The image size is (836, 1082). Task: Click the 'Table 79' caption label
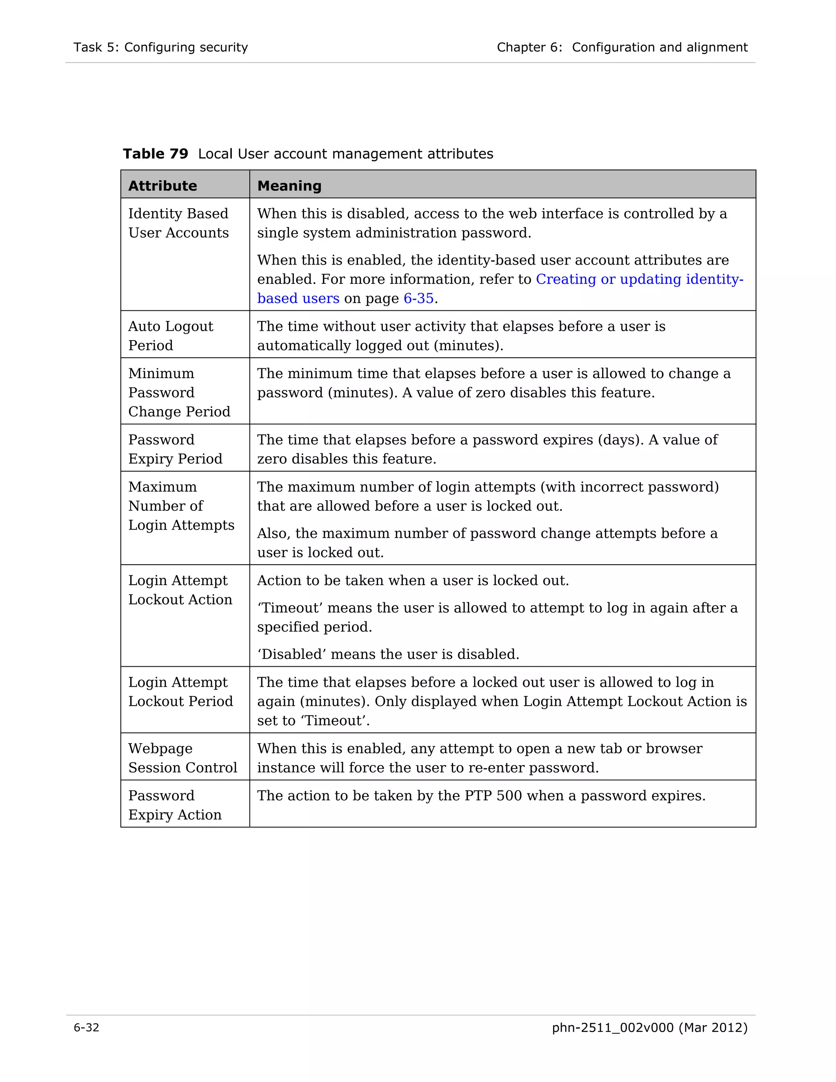156,154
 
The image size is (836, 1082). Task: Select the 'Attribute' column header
162,186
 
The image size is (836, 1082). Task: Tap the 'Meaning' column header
289,186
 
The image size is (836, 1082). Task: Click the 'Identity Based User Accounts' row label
178,223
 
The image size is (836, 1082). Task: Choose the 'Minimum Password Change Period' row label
179,392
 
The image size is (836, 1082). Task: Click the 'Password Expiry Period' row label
175,449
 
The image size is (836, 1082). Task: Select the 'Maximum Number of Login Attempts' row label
181,505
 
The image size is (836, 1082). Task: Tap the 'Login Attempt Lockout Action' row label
180,590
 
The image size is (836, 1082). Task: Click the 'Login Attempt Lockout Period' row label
180,691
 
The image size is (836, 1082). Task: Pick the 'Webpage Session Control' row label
182,757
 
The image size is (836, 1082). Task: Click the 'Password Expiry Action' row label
174,805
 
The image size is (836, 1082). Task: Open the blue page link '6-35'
418,298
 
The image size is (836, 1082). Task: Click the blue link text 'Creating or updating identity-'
639,279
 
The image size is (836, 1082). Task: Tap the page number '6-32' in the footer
86,1028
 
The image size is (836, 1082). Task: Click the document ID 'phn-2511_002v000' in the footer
613,1028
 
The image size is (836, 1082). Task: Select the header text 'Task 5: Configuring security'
160,47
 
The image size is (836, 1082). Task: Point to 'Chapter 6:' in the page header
529,47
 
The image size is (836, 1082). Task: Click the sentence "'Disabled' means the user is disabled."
388,654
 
